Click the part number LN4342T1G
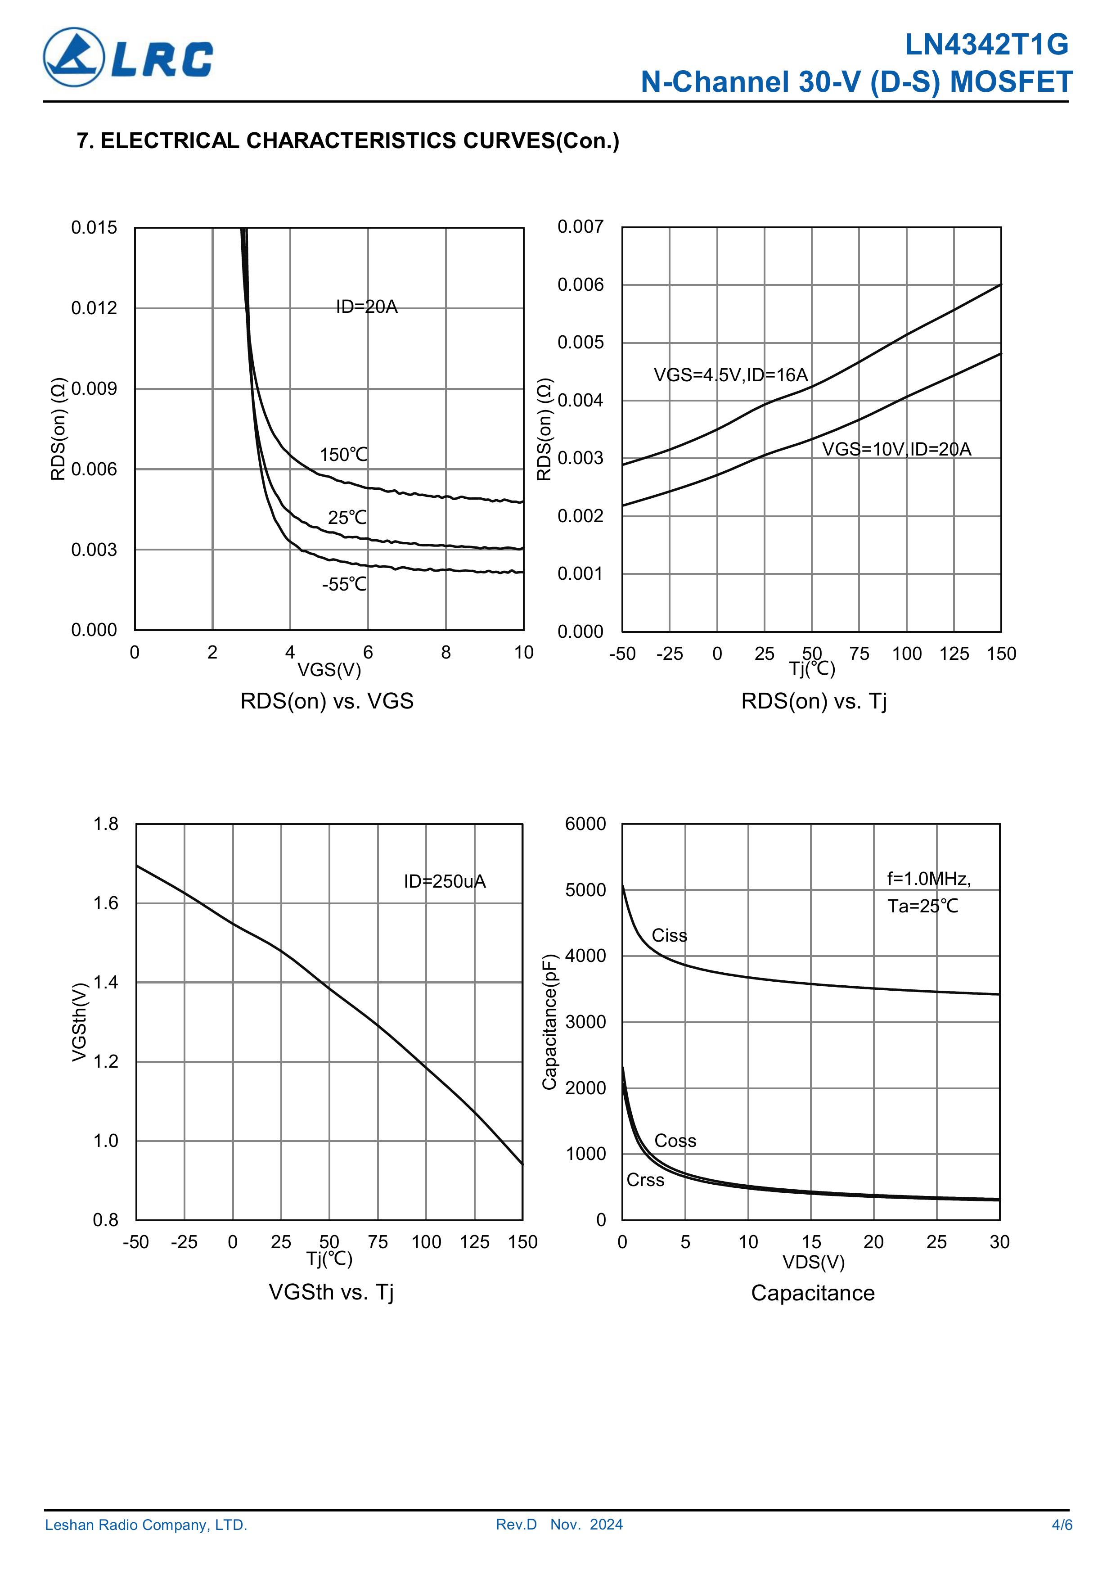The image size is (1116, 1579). point(986,45)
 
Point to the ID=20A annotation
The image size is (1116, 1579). point(366,307)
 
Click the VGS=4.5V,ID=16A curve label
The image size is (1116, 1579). point(730,375)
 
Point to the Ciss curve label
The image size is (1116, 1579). point(669,935)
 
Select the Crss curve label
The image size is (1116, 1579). point(645,1180)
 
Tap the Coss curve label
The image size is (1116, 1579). point(675,1141)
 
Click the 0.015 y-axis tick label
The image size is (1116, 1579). point(94,228)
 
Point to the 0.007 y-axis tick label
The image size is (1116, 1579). point(580,227)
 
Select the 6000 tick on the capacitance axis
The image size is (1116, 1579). point(585,824)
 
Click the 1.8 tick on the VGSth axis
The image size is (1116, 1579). point(106,824)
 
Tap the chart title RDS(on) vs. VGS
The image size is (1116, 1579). point(327,701)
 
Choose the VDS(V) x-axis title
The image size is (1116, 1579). point(813,1262)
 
